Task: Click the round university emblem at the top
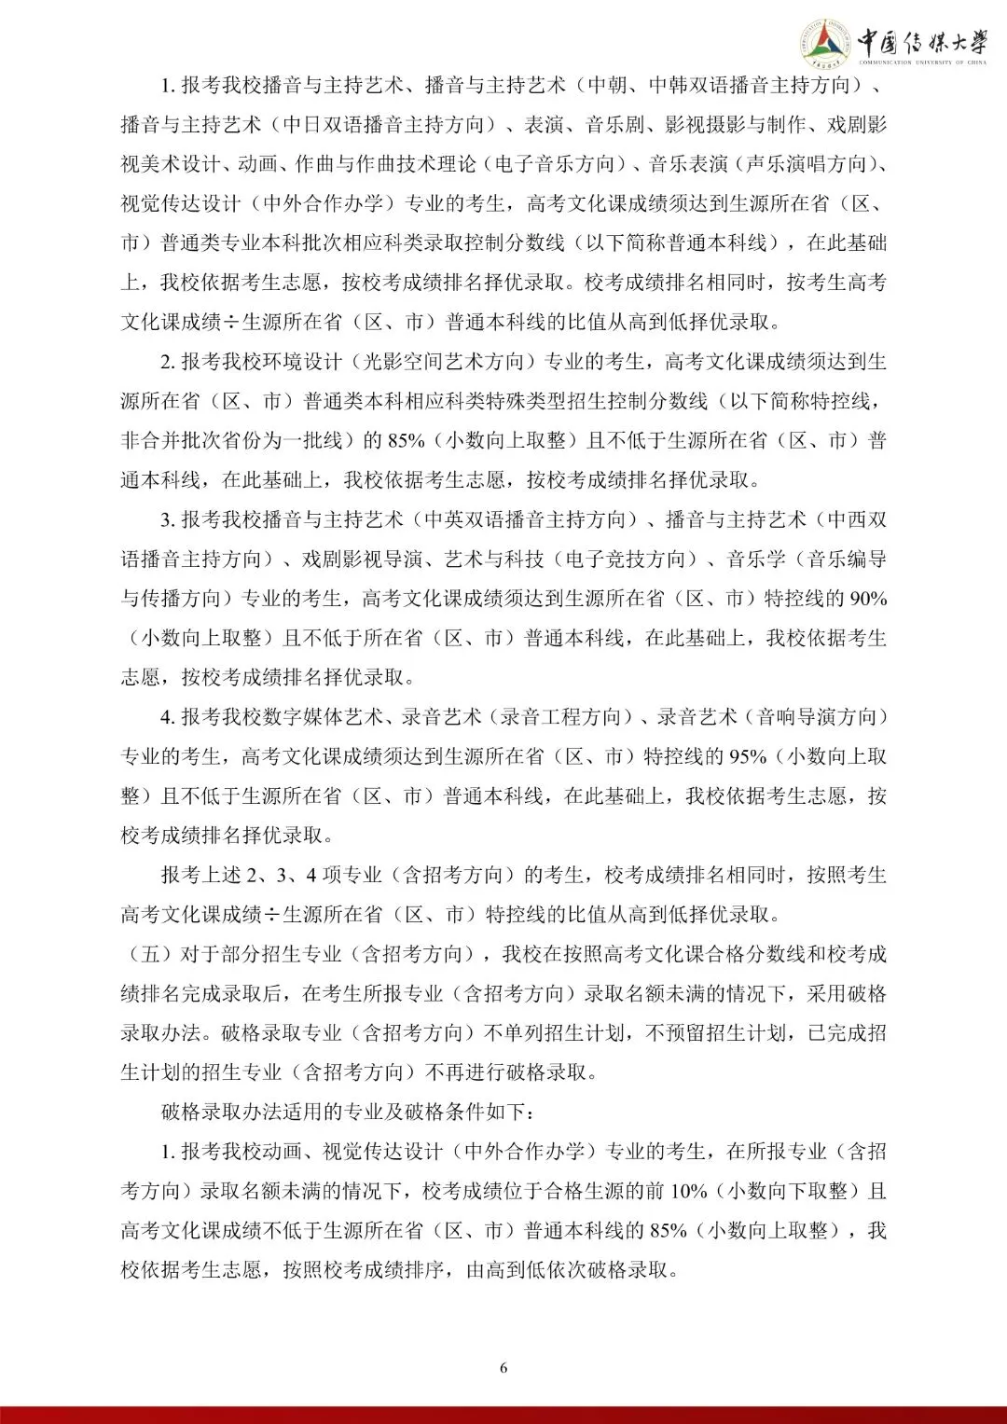(x=824, y=44)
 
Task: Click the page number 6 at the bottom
(x=504, y=1368)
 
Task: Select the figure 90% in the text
(x=866, y=599)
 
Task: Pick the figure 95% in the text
(x=747, y=756)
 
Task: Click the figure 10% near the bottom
(x=689, y=1191)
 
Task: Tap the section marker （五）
(x=141, y=954)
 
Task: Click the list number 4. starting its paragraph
(x=168, y=717)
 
